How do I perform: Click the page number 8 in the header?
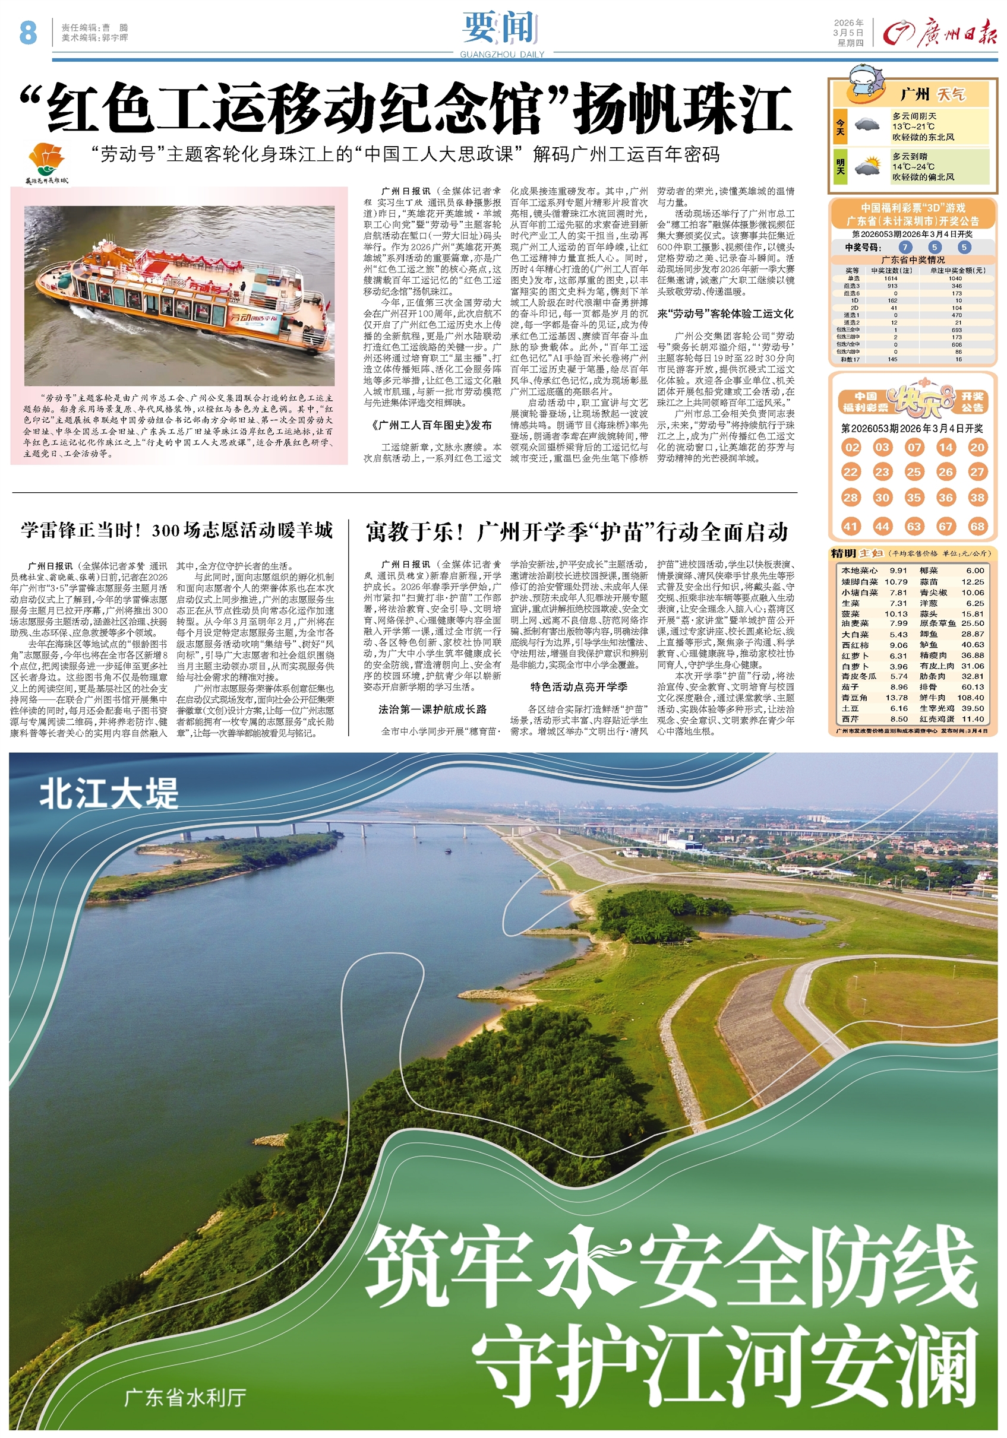point(28,33)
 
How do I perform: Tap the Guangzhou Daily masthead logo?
point(939,32)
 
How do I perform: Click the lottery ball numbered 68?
point(977,526)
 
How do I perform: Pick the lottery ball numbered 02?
point(851,447)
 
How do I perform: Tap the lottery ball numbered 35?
point(914,498)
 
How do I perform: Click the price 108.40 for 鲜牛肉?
point(971,697)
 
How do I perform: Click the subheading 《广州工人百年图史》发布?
point(433,425)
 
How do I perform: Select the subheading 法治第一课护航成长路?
point(433,709)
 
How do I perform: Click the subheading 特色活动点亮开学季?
point(579,686)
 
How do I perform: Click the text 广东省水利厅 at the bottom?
point(185,1397)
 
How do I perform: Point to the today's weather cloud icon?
point(867,125)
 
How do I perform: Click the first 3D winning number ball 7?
point(905,248)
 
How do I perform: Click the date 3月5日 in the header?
point(848,33)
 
